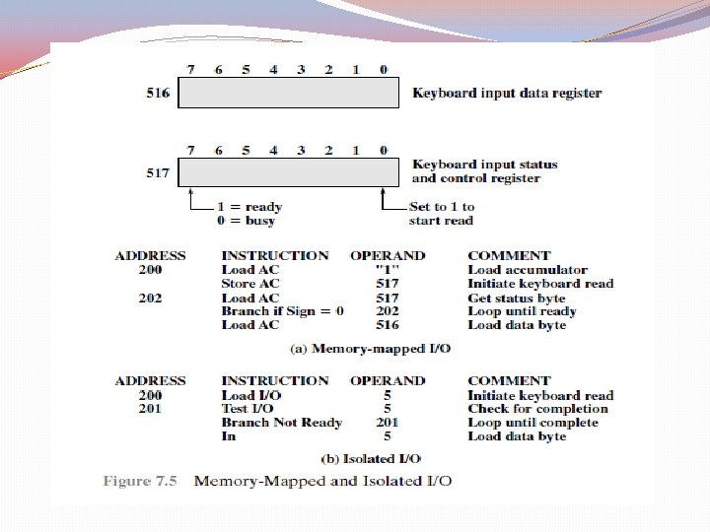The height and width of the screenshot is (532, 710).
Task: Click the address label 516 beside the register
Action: coord(159,94)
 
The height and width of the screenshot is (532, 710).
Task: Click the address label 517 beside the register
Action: coord(159,172)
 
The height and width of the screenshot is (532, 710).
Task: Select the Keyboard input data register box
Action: coord(290,94)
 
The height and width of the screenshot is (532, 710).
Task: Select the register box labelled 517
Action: coord(290,171)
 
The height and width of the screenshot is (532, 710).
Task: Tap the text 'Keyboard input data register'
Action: coord(507,94)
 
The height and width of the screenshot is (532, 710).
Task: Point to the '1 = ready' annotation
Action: coord(248,207)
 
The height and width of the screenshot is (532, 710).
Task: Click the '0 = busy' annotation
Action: coord(248,221)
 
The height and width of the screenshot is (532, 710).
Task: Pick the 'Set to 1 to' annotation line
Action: coord(442,207)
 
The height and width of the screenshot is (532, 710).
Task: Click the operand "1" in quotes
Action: coord(388,270)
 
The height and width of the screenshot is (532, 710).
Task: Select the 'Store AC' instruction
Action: coord(250,284)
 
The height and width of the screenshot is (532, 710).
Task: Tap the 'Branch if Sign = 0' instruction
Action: coord(282,311)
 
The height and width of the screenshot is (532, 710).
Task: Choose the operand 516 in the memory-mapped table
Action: coord(388,325)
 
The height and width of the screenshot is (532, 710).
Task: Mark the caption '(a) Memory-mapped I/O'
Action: coord(370,349)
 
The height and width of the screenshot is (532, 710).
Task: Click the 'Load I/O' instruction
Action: coord(251,395)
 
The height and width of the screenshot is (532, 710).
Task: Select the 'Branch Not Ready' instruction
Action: coord(281,423)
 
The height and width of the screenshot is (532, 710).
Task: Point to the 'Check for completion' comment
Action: coord(537,409)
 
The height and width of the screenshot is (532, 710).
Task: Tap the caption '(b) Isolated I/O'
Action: coord(370,459)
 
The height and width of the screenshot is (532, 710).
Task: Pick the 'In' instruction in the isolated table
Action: coord(229,436)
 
